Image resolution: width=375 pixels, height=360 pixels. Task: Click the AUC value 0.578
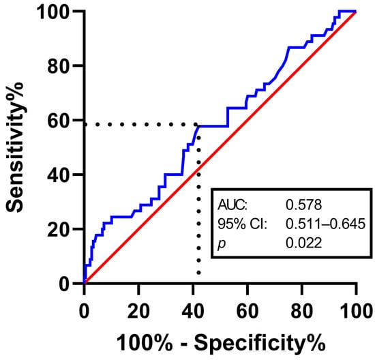pyautogui.click(x=303, y=205)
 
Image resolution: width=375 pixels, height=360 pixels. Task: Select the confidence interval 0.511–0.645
pyautogui.click(x=326, y=224)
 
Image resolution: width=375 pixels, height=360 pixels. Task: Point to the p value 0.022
pyautogui.click(x=303, y=243)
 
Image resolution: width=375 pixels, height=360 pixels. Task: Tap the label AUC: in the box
pyautogui.click(x=232, y=205)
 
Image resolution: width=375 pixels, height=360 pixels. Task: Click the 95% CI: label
pyautogui.click(x=242, y=224)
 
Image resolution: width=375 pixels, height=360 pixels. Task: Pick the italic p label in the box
pyautogui.click(x=222, y=244)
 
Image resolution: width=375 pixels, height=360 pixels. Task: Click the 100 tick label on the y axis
pyautogui.click(x=54, y=12)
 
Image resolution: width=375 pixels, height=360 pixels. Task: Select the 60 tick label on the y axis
pyautogui.click(x=59, y=121)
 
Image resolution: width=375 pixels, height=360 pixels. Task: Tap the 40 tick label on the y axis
pyautogui.click(x=59, y=175)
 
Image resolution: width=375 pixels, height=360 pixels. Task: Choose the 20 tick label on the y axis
pyautogui.click(x=59, y=230)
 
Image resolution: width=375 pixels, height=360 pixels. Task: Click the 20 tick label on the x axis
pyautogui.click(x=138, y=311)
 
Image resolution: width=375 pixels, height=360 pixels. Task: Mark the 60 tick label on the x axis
pyautogui.click(x=247, y=311)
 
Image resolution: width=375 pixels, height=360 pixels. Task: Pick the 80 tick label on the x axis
pyautogui.click(x=302, y=311)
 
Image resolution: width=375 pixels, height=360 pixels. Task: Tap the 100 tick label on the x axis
pyautogui.click(x=357, y=311)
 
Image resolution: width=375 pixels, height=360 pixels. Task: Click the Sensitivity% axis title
pyautogui.click(x=15, y=147)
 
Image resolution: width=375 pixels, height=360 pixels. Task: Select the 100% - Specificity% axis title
pyautogui.click(x=221, y=343)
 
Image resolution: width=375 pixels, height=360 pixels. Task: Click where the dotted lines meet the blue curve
pyautogui.click(x=198, y=125)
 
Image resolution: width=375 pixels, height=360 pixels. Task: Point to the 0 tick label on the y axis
pyautogui.click(x=65, y=284)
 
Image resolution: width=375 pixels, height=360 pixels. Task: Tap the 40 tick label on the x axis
pyautogui.click(x=193, y=311)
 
